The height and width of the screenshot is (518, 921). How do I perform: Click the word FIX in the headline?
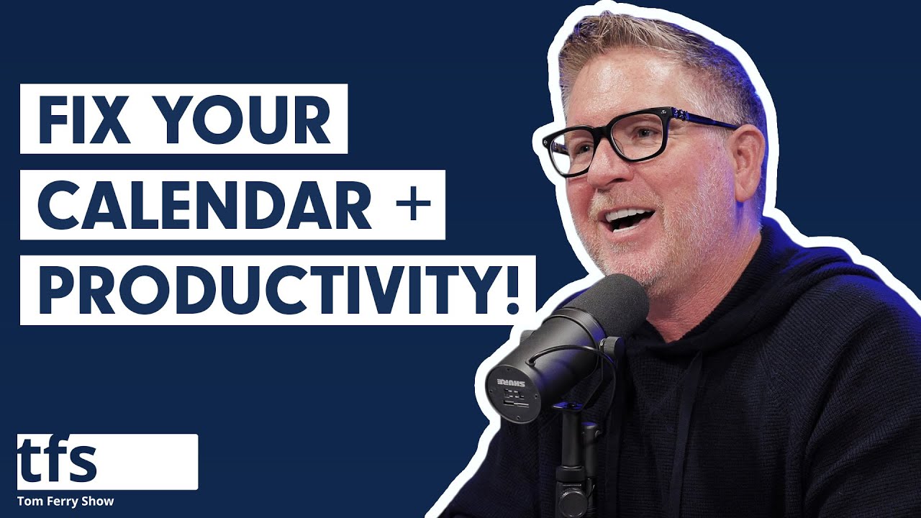pyautogui.click(x=82, y=119)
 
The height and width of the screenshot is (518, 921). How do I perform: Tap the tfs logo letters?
pyautogui.click(x=58, y=461)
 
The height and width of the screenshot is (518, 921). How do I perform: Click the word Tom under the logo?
pyautogui.click(x=30, y=501)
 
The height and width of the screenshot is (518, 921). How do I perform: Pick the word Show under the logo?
pyautogui.click(x=99, y=501)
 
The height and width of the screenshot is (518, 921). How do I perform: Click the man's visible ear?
pyautogui.click(x=748, y=155)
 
